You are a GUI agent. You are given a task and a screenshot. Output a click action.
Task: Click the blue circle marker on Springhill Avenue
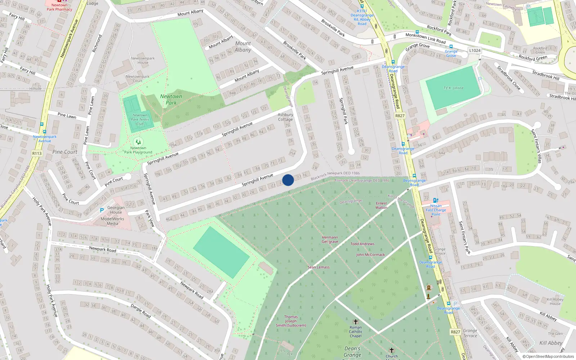[288, 180]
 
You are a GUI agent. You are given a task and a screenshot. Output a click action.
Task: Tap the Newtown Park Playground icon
[138, 142]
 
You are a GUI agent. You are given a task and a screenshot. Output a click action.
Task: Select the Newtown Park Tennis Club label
[140, 120]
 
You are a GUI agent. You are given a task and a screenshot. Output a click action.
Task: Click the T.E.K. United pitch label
[453, 88]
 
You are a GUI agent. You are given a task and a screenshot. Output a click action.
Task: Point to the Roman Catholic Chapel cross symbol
[356, 322]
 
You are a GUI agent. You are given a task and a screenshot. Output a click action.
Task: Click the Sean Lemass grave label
[318, 267]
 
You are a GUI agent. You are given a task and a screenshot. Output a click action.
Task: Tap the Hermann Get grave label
[330, 239]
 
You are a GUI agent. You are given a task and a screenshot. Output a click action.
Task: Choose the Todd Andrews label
[362, 244]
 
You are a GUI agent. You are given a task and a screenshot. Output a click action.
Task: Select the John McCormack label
[370, 255]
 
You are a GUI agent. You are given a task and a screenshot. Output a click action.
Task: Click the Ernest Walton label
[381, 205]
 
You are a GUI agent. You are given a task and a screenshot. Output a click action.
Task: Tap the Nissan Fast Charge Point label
[436, 210]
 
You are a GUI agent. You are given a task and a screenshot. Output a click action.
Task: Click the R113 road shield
[37, 153]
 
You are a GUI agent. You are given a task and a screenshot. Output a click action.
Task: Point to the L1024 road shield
[474, 50]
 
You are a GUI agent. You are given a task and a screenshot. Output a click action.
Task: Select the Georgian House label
[116, 210]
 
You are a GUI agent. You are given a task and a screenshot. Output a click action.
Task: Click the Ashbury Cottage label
[285, 117]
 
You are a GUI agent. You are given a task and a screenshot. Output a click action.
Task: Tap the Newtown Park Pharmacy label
[59, 7]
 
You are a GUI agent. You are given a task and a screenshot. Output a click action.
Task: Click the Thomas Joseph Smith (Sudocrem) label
[291, 321]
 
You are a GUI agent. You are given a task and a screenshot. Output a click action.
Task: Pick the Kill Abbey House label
[555, 301]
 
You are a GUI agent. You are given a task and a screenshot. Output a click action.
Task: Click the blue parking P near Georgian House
[102, 210]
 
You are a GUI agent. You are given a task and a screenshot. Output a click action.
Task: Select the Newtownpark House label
[143, 60]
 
